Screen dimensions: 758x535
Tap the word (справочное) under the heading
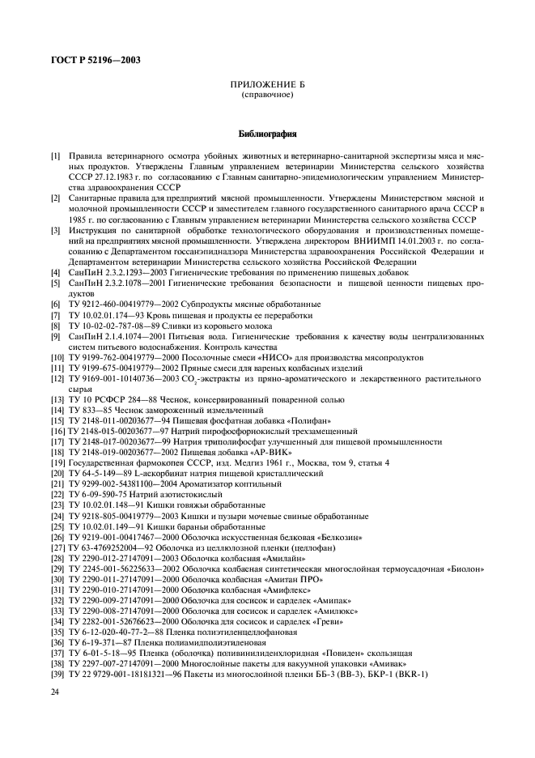[267, 95]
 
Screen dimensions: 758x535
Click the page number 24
[56, 690]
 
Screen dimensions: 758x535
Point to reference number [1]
[56, 154]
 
